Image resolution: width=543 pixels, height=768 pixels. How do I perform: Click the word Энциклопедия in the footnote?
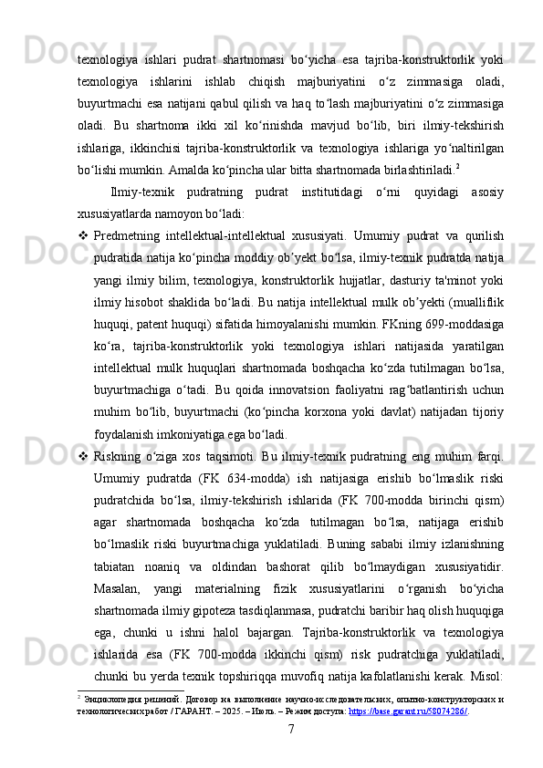111,698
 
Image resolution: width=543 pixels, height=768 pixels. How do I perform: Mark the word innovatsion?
285,374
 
